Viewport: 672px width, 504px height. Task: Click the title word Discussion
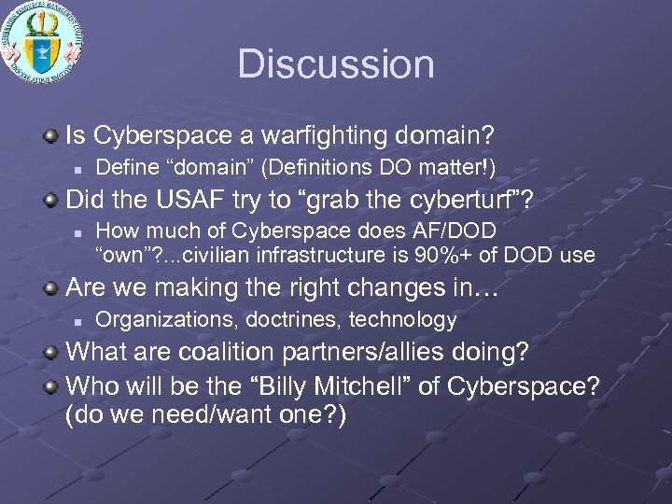click(336, 64)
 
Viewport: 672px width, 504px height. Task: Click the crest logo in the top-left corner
click(42, 42)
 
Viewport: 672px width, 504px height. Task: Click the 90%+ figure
click(442, 254)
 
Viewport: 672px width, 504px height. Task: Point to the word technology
click(402, 319)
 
